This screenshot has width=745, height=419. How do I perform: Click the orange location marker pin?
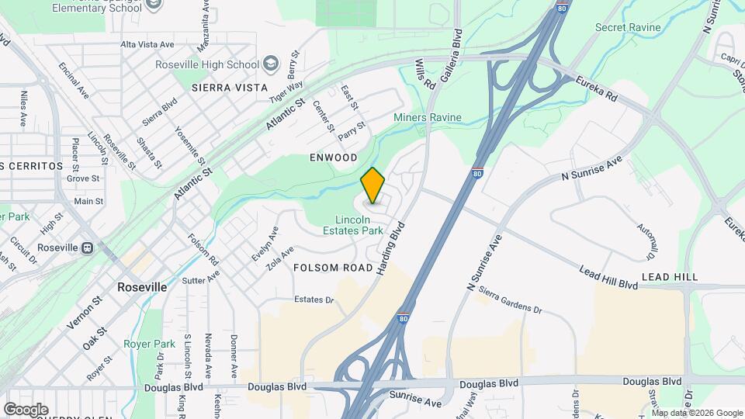[372, 185]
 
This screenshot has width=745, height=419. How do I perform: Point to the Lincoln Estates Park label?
[353, 225]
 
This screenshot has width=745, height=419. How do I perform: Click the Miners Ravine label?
[427, 118]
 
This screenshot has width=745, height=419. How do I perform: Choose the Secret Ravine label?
[628, 28]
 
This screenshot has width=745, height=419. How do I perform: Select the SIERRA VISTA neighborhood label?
[223, 88]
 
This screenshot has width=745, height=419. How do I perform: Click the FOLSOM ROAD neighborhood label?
[333, 268]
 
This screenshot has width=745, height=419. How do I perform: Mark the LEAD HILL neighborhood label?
[670, 276]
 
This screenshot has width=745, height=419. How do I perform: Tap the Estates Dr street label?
[314, 300]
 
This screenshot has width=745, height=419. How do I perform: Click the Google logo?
[26, 409]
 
